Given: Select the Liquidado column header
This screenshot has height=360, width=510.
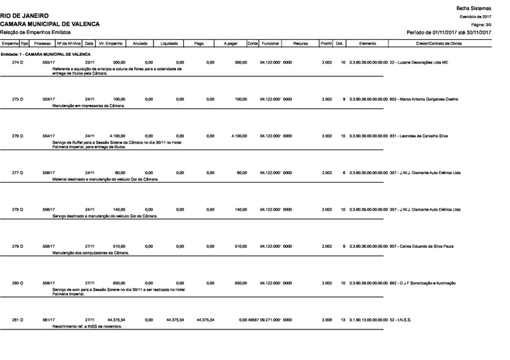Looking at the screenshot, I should point(169,43).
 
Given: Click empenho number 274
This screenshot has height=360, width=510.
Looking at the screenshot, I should point(17,62).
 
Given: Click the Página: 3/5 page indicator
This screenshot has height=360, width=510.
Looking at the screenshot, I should point(480,23).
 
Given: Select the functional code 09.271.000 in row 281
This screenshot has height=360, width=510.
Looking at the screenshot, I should point(276,320).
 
